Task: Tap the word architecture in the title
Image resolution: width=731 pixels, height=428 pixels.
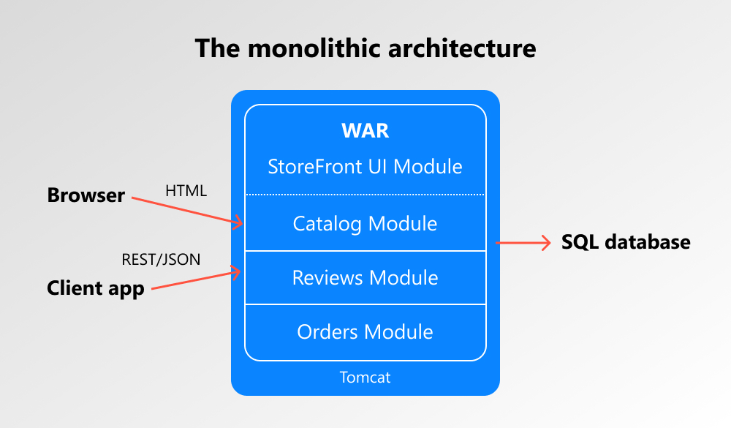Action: coord(461,48)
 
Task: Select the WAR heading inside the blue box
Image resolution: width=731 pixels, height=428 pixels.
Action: coord(365,131)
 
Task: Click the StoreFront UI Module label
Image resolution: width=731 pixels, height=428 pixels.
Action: coord(365,166)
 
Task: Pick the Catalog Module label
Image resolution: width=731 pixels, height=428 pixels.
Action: coord(365,223)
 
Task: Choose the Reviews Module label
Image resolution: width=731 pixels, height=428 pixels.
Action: coord(365,278)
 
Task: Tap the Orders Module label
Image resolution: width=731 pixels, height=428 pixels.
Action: coord(365,332)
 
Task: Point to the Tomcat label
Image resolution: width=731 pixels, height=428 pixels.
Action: coord(365,378)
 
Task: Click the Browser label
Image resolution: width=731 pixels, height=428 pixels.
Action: coord(86,196)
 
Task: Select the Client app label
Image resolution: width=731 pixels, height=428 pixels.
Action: coord(95,288)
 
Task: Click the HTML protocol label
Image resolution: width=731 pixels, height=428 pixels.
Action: coord(186,192)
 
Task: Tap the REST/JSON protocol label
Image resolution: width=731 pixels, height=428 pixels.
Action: coord(161,259)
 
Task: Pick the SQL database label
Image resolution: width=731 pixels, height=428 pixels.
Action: coord(626,242)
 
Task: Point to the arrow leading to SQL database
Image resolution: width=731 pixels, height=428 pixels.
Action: coord(523,242)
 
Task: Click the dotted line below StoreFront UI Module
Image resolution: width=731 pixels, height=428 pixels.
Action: coord(365,195)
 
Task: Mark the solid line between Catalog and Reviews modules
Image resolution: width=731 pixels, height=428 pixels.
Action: coord(365,251)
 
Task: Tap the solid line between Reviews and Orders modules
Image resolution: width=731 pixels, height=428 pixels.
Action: coord(365,304)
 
